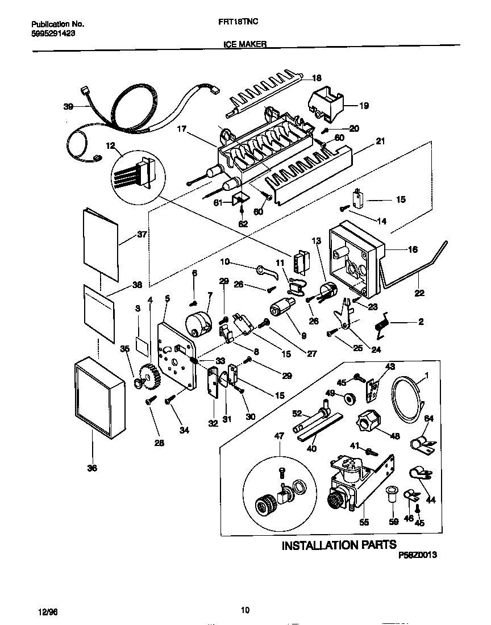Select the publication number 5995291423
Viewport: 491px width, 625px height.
tap(53, 34)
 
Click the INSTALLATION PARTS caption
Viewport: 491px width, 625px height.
tap(339, 545)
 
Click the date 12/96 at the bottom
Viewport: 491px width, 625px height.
tap(49, 611)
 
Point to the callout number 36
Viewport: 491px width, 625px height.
tap(92, 468)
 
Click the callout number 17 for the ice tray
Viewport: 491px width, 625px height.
tap(181, 128)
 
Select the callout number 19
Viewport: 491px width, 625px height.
tap(364, 105)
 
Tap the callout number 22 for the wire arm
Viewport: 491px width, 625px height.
tap(419, 294)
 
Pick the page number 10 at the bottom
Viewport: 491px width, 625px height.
tap(245, 611)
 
